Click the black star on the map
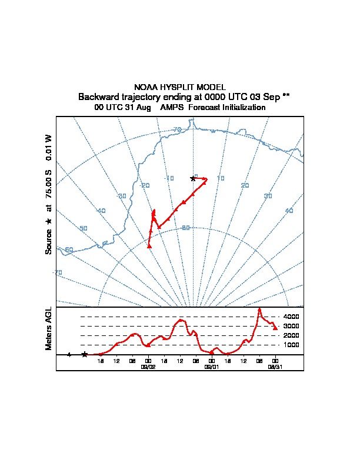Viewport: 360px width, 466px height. (192, 178)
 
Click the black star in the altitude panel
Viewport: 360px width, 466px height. (85, 354)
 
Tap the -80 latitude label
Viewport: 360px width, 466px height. (186, 227)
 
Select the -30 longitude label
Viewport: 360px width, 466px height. (122, 196)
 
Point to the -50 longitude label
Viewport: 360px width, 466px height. (83, 228)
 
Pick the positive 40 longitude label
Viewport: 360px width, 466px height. (289, 210)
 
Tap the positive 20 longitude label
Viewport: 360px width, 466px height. (245, 185)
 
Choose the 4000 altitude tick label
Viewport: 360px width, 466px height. (291, 317)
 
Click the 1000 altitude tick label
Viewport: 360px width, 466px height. (291, 345)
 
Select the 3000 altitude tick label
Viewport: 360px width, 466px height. (291, 326)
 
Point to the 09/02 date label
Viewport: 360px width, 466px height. (148, 366)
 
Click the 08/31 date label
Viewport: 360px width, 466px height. (275, 366)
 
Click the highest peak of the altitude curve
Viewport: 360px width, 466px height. (259, 308)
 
